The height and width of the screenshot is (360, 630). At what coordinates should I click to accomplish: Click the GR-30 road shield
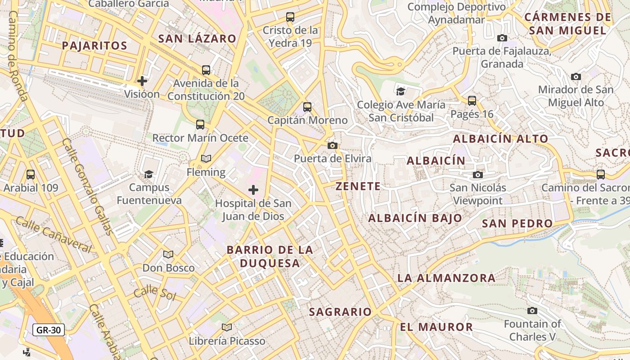click(x=49, y=330)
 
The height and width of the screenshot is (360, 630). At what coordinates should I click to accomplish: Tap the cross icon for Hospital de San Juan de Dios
click(x=253, y=190)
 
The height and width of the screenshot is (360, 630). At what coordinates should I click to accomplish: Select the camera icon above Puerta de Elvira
click(x=333, y=145)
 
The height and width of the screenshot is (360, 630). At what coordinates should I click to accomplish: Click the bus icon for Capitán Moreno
click(x=307, y=107)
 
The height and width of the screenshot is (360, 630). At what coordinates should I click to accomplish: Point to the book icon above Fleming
click(x=206, y=159)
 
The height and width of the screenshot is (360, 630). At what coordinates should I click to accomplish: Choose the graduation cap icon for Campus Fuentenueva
click(x=148, y=174)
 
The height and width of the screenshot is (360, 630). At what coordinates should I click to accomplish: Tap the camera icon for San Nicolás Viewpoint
click(x=477, y=175)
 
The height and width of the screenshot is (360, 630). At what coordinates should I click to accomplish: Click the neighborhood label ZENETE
click(x=358, y=186)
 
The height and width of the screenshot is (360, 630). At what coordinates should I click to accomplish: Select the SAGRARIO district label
click(x=341, y=312)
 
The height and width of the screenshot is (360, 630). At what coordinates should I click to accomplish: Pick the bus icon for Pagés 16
click(x=472, y=101)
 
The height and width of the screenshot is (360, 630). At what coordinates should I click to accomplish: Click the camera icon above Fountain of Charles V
click(x=532, y=310)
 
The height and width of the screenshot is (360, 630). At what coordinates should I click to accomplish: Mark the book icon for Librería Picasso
click(x=227, y=327)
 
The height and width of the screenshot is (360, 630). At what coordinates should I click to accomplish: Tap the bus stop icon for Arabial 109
click(x=31, y=174)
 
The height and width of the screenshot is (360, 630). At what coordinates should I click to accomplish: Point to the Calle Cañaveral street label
click(x=54, y=234)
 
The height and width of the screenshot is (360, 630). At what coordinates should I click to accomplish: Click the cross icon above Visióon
click(x=142, y=81)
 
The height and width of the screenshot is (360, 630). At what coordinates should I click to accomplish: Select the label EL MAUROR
click(x=436, y=327)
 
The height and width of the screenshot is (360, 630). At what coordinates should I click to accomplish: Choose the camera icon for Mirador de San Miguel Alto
click(x=576, y=76)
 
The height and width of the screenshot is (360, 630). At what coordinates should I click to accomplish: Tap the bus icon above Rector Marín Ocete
click(x=200, y=125)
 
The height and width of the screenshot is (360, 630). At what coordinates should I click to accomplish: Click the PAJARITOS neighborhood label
click(x=94, y=45)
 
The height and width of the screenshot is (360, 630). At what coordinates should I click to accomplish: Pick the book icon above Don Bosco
click(x=168, y=255)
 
